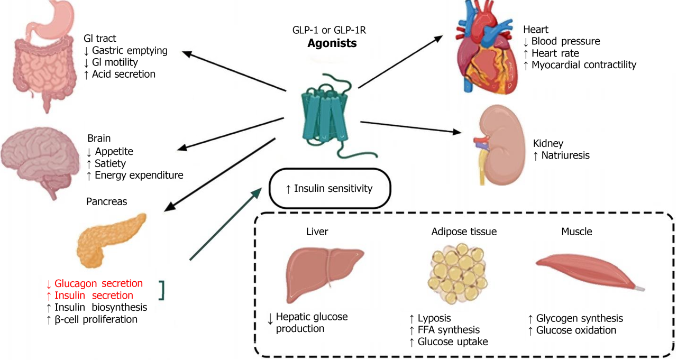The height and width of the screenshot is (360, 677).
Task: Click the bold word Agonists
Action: coord(332,43)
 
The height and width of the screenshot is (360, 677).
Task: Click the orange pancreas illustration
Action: coord(111,240)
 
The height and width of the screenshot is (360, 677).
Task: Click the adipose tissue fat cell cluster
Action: coord(458,273)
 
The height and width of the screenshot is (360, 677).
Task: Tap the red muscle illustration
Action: coord(589,272)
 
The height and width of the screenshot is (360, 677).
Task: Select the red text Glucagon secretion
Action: coord(98,283)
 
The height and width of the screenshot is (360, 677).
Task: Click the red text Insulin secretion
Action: coord(94,296)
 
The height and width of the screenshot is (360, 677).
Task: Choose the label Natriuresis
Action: coord(565,155)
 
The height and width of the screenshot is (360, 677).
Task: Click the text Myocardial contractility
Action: coord(583,65)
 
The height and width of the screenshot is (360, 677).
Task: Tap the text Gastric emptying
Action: coord(130,50)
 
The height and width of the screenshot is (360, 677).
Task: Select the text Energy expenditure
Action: coord(139,175)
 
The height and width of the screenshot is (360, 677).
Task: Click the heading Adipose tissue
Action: coord(464,232)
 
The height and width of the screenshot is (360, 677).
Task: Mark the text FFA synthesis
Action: coord(449,330)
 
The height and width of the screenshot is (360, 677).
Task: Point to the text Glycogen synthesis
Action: coord(579,318)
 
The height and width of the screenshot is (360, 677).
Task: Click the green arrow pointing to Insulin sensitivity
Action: coord(226,224)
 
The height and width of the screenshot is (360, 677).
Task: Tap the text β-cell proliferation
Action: coord(96,319)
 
